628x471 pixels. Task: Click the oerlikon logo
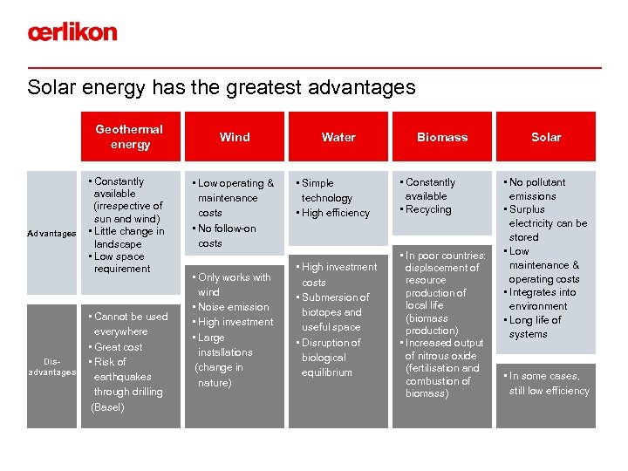tap(72, 32)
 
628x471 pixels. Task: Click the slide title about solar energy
tap(222, 87)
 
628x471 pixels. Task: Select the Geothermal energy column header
tap(129, 137)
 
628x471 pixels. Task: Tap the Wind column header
tap(235, 137)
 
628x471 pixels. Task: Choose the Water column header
tap(338, 137)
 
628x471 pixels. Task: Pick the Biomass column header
tap(442, 137)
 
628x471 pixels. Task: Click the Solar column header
tap(546, 137)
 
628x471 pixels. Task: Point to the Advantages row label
tap(51, 234)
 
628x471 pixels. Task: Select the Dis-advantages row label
tap(51, 366)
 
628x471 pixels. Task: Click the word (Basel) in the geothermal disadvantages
tap(108, 407)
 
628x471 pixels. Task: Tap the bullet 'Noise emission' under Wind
tap(233, 307)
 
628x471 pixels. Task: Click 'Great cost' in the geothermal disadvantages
tap(119, 347)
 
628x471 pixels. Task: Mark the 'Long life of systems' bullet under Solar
tap(535, 327)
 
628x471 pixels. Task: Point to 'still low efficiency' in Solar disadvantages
tap(549, 391)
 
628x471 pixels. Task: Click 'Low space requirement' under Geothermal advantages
tap(121, 262)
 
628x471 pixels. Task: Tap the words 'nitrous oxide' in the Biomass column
tap(440, 356)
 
